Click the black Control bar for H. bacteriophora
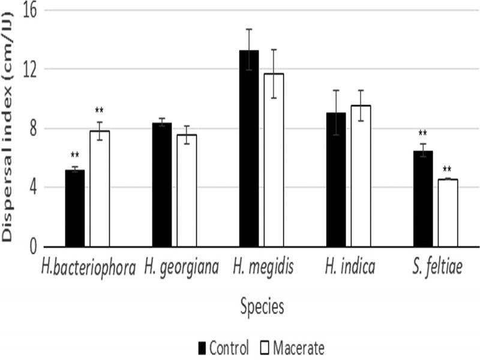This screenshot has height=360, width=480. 75,208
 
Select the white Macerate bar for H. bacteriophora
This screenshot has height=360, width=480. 100,188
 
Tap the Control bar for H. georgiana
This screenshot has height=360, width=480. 162,185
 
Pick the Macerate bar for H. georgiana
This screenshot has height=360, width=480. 187,191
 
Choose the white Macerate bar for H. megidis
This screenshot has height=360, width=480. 274,160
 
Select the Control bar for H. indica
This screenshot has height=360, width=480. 336,179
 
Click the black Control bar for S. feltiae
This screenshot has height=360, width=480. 423,199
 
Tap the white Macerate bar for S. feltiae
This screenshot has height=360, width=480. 448,213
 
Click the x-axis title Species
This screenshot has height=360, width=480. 262,307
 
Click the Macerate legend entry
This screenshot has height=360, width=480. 293,347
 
